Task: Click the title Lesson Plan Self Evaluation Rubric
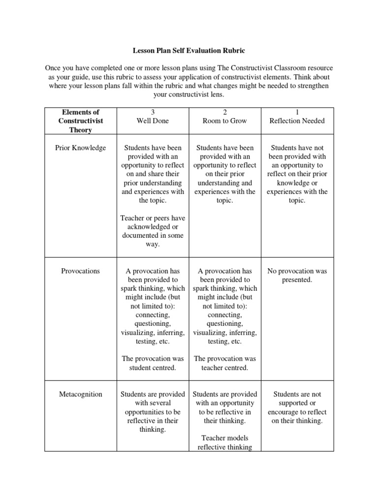point(189,50)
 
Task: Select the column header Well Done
point(153,121)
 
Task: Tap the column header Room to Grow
point(225,121)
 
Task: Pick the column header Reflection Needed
point(297,121)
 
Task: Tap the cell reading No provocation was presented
point(297,275)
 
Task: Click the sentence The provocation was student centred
point(153,363)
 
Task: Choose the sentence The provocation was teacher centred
point(225,363)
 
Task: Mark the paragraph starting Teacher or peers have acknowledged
point(153,231)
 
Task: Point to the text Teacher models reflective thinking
point(225,442)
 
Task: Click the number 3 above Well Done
point(153,112)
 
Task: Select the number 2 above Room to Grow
point(225,112)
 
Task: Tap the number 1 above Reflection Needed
point(297,112)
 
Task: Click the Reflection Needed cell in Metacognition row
point(297,407)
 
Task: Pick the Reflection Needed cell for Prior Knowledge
point(297,174)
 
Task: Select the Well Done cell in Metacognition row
point(153,411)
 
